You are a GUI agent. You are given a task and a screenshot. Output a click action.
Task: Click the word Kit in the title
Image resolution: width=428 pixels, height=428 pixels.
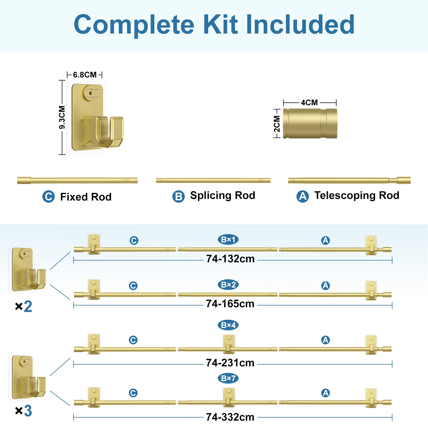(x=221, y=24)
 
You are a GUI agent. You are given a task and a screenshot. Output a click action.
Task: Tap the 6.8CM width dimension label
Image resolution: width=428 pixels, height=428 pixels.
(x=85, y=75)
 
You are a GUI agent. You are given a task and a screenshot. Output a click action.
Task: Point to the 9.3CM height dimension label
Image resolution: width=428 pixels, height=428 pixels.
(x=62, y=117)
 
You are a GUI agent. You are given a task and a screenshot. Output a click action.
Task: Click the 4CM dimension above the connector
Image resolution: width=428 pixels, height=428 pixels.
(x=309, y=102)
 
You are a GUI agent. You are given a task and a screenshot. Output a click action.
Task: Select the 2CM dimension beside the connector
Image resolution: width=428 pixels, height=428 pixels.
(x=277, y=124)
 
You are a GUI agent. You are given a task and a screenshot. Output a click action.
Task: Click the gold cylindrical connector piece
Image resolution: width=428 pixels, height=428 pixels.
(x=310, y=123)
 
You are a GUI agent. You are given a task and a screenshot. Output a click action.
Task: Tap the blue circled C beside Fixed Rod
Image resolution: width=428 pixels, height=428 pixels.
(x=48, y=197)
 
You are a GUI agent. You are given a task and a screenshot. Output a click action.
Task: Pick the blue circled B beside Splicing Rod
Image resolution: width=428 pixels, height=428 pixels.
(x=178, y=196)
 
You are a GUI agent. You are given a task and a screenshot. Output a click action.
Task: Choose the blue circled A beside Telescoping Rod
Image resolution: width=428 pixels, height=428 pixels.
(x=303, y=196)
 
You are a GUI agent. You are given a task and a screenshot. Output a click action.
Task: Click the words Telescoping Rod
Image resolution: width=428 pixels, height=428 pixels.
(x=357, y=196)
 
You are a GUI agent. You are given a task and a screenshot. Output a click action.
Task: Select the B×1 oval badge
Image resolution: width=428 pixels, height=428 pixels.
(x=228, y=239)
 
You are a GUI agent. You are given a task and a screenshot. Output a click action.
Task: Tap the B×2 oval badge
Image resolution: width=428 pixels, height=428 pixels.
(x=228, y=285)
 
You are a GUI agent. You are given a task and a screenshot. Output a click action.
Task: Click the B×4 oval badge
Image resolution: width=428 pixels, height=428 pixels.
(x=228, y=325)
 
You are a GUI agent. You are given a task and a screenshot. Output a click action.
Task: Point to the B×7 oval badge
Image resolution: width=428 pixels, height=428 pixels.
(x=228, y=378)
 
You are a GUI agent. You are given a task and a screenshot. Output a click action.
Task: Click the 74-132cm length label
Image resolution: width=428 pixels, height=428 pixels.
(x=230, y=259)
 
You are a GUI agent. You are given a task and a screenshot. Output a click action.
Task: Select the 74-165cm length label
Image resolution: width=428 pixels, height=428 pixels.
(x=230, y=304)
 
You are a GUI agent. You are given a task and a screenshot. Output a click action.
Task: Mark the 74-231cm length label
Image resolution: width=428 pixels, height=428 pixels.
(x=230, y=363)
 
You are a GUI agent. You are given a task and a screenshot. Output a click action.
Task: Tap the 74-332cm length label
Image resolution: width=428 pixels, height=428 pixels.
(x=230, y=417)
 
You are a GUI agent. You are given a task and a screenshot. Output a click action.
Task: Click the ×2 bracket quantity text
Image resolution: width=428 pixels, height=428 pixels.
(x=24, y=306)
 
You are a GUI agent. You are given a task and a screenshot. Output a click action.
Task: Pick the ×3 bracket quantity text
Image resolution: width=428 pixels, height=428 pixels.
(x=24, y=411)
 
